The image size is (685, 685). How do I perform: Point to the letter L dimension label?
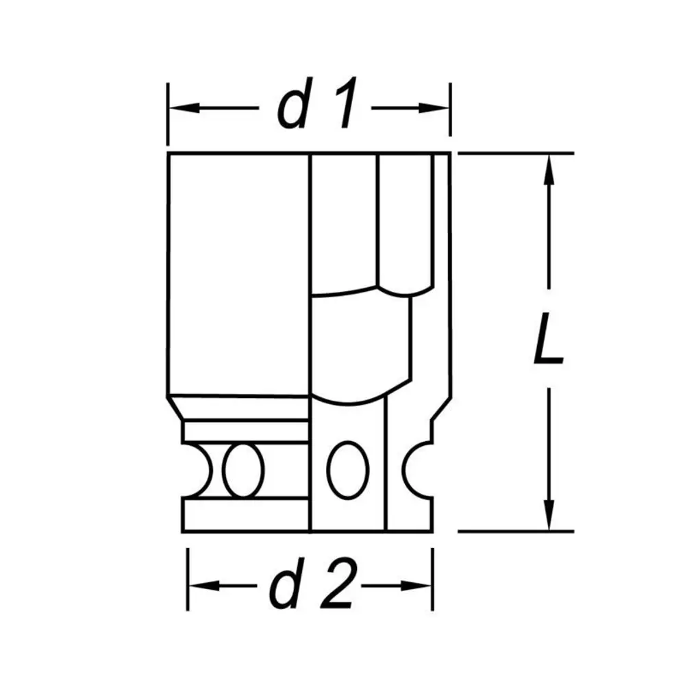tap(548, 338)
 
